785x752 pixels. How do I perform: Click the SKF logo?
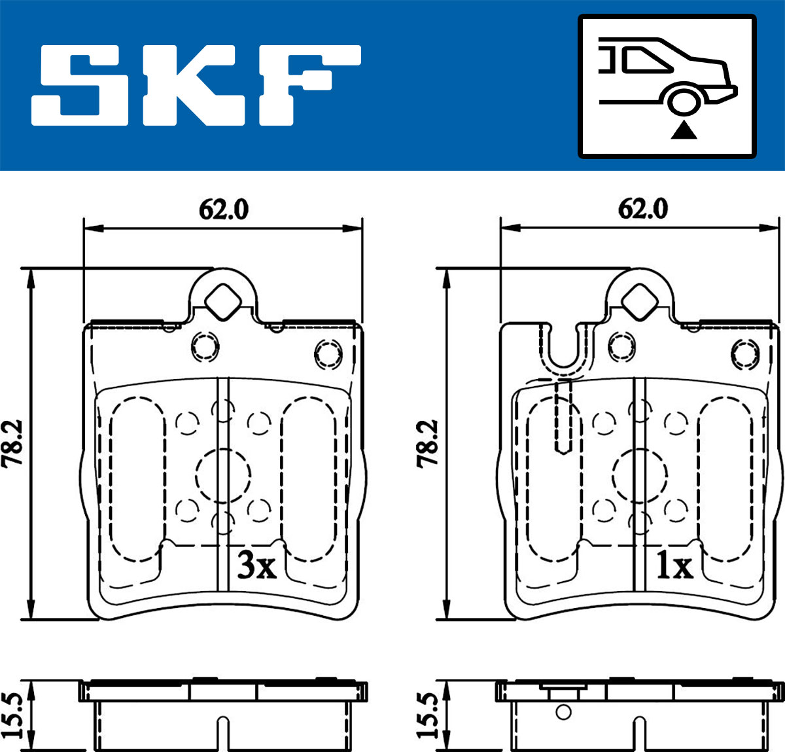196,85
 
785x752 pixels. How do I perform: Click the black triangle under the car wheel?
684,130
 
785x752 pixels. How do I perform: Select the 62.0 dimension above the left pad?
224,209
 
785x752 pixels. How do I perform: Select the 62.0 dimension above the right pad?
643,209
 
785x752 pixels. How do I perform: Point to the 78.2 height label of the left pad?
12,444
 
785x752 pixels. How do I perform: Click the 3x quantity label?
256,565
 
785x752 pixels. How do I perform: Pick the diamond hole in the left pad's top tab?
223,302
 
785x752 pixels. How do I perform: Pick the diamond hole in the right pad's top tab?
640,302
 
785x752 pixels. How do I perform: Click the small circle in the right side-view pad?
563,712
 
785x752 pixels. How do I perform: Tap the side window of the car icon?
646,60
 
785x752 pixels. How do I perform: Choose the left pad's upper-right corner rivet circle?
328,354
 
